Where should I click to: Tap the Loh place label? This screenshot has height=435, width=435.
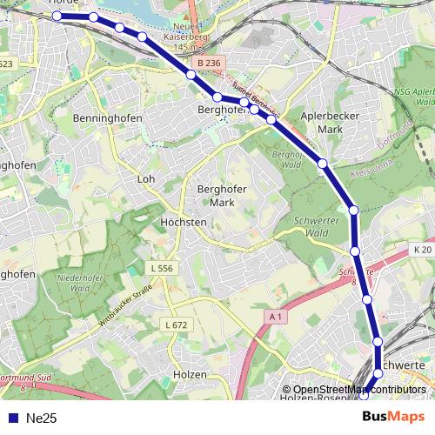click(145, 179)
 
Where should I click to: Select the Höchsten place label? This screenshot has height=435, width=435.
click(184, 222)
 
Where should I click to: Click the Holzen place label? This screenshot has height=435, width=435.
click(191, 374)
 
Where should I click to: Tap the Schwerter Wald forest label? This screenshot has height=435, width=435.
click(311, 226)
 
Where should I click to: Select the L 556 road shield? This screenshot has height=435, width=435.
click(162, 269)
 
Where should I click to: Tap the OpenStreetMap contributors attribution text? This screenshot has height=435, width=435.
click(358, 390)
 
